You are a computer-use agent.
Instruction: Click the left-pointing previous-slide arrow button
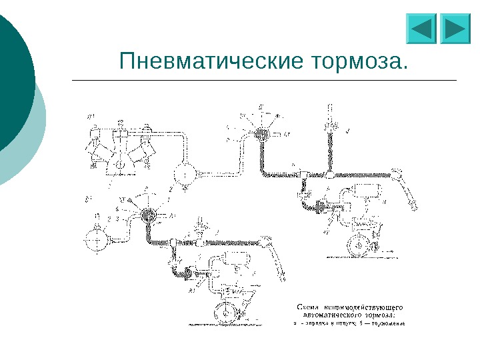(x=420, y=29)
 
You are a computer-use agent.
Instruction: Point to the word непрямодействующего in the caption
(x=361, y=307)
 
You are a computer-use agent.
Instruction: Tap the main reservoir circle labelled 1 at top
(x=181, y=174)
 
